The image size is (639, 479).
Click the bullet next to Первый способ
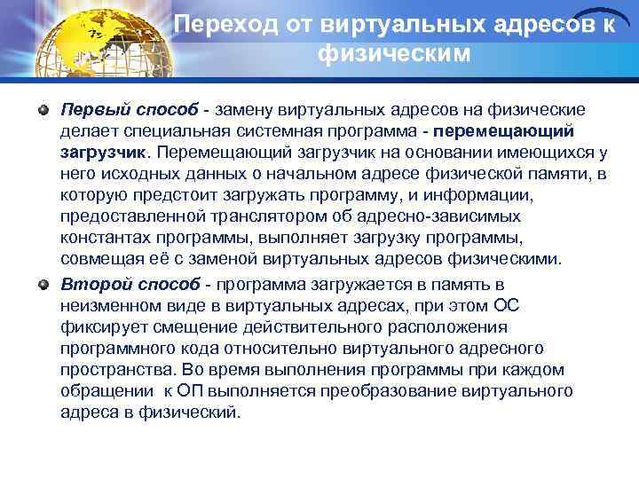(43, 110)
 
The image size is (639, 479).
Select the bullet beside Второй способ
(43, 285)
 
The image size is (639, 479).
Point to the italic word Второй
(91, 285)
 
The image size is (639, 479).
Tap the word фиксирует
(98, 327)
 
